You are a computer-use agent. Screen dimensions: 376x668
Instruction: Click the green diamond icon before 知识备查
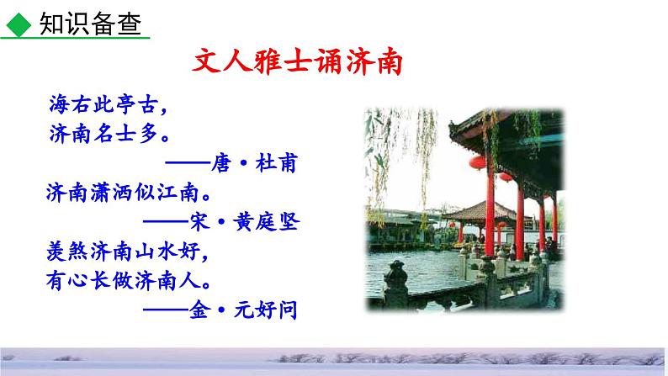16,24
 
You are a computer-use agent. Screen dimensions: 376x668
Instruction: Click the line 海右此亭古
104,107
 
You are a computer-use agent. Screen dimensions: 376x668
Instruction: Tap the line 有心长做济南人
126,278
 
